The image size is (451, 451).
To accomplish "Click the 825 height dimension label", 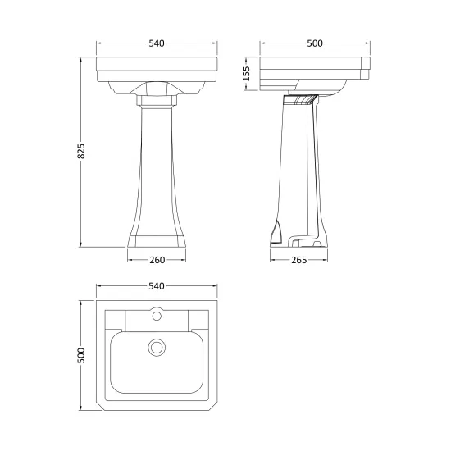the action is [81, 151].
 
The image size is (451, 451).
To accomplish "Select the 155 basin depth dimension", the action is [247, 74].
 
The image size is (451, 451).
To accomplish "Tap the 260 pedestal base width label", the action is [157, 260].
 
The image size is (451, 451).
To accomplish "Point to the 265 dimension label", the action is [299, 260].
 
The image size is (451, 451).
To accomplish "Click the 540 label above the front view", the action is [157, 43].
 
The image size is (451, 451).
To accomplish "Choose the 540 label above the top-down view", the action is [157, 286].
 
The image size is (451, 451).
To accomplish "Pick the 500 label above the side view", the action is [315, 43].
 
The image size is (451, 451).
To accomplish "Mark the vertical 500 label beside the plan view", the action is [81, 355].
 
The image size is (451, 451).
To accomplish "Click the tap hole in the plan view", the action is [157, 316].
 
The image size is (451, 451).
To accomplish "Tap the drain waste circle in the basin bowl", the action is [157, 347].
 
